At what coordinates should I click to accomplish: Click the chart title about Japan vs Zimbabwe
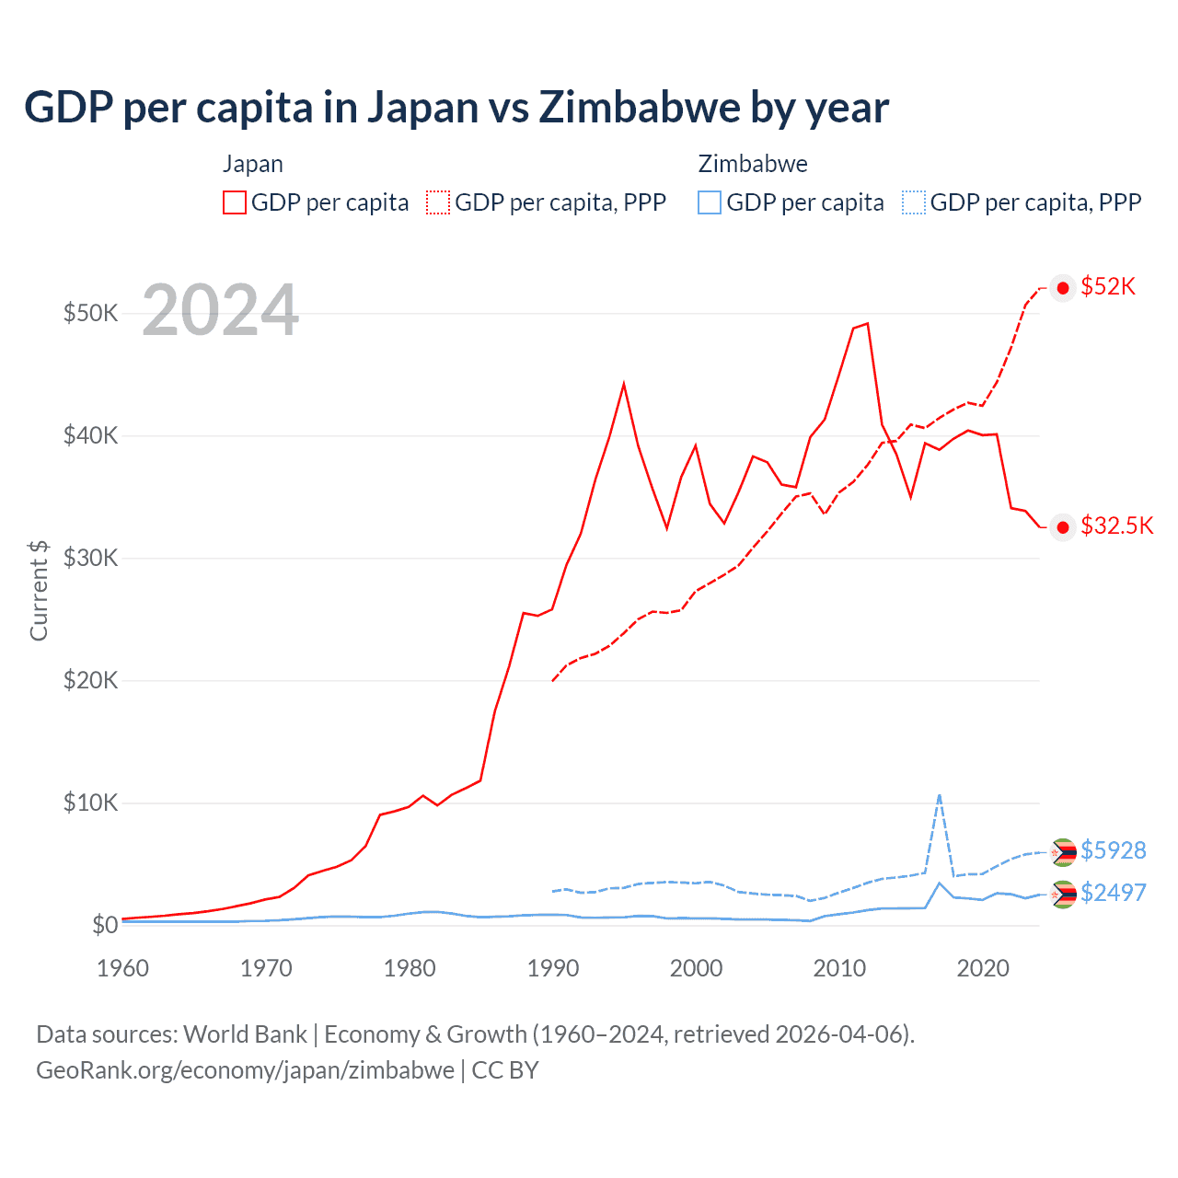pos(456,107)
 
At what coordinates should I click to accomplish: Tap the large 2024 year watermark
pos(220,310)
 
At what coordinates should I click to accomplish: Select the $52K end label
pos(1108,286)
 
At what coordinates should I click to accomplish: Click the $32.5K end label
pos(1116,525)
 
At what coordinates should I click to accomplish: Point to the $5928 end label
pos(1113,849)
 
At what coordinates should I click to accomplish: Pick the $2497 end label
pos(1113,893)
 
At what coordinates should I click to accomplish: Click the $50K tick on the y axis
pos(90,313)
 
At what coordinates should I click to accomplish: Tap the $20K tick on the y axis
pos(90,680)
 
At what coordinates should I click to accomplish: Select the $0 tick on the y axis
pos(104,925)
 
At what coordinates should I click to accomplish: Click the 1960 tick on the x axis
pos(122,968)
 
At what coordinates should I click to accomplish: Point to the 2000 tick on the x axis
pos(696,968)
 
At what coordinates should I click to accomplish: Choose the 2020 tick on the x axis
pos(983,968)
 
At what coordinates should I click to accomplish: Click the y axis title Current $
pos(39,590)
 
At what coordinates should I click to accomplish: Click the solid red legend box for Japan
pos(235,202)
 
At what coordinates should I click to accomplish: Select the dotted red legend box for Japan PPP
pos(438,202)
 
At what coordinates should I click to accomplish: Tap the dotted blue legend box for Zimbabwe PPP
pos(914,202)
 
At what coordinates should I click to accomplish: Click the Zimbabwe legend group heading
pos(753,164)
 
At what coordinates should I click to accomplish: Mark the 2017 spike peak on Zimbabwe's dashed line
pos(939,794)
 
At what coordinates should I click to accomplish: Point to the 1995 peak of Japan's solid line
pos(624,384)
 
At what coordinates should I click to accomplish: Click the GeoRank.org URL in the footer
pos(245,1070)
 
